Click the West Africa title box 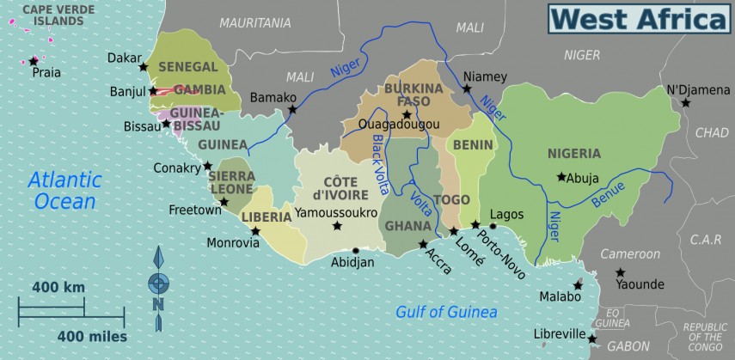click(x=639, y=18)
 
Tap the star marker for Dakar click(x=144, y=67)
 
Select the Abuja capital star click(x=561, y=177)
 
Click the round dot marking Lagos click(x=493, y=226)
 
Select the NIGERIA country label click(x=574, y=154)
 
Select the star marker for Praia click(x=34, y=61)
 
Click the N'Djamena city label click(x=697, y=90)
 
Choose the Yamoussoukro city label click(x=336, y=211)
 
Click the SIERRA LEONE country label click(x=232, y=181)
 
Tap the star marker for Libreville click(x=591, y=339)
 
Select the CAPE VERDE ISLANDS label click(x=52, y=15)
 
